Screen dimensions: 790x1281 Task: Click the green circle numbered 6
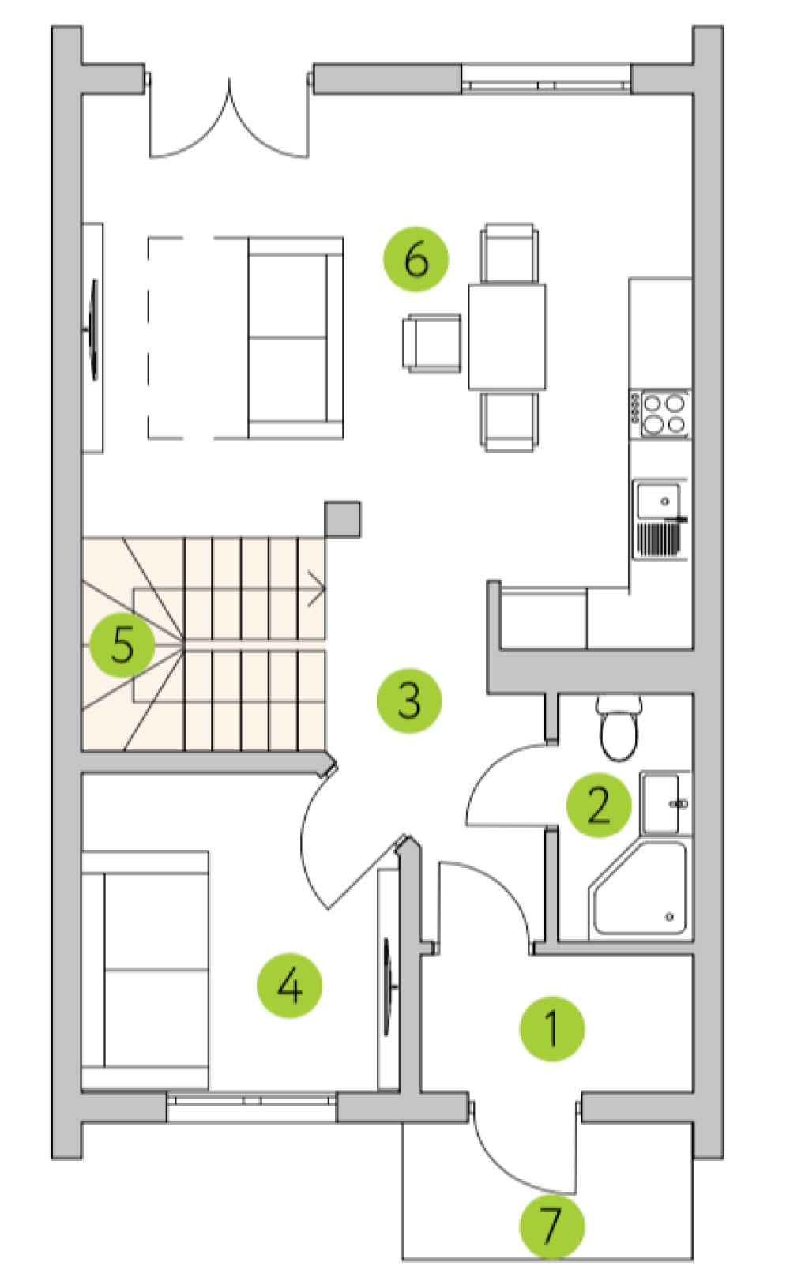(x=416, y=259)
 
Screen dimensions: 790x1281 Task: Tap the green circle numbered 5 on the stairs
(x=122, y=644)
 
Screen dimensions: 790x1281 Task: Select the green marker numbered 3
(x=409, y=701)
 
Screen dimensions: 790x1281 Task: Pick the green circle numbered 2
(x=599, y=806)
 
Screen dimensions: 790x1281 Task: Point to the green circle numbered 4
(x=289, y=986)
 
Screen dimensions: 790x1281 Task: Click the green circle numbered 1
(x=552, y=1029)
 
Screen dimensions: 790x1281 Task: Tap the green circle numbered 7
(x=552, y=1227)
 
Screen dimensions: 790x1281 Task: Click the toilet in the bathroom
(x=619, y=727)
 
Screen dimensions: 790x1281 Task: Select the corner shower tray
(x=640, y=889)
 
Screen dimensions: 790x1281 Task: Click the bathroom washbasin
(x=665, y=803)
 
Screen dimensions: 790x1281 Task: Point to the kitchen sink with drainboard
(x=660, y=520)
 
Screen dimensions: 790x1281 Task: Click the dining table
(x=507, y=336)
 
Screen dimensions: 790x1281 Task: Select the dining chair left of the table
(x=431, y=343)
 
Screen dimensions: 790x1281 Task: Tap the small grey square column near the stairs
(x=343, y=519)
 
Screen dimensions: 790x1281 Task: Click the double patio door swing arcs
(x=229, y=120)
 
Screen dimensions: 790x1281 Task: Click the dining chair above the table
(x=509, y=253)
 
